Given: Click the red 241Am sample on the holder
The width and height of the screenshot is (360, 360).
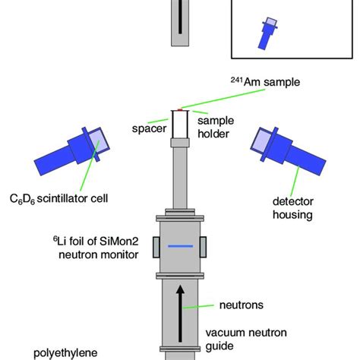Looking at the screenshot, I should [x=180, y=109].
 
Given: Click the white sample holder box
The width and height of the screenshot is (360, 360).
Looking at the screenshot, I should [x=180, y=126].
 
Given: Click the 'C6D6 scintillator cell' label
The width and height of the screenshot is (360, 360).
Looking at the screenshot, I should [x=65, y=199].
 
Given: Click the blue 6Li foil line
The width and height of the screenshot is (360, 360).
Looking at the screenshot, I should [x=179, y=247].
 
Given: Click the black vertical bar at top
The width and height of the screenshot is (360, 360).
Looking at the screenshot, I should [x=180, y=18].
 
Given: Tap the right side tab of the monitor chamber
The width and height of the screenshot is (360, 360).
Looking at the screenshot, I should [x=206, y=247].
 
